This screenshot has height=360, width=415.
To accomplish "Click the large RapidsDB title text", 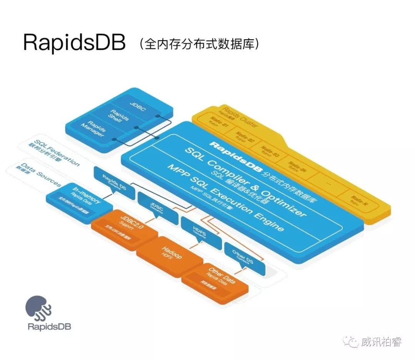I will point(74,43).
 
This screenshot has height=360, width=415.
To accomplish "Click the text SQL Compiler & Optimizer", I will point(246,181).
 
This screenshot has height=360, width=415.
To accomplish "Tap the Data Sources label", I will point(40,175).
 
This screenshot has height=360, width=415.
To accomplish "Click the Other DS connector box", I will point(244,258).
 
